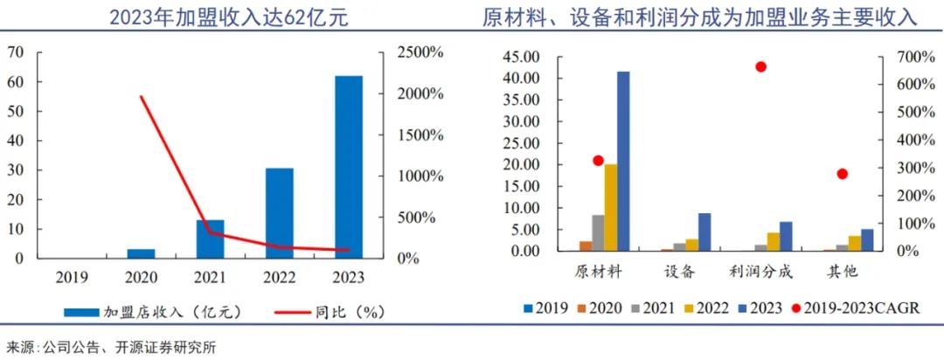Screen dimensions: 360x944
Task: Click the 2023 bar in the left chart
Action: pos(348,167)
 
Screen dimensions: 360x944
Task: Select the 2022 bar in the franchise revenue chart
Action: pos(279,213)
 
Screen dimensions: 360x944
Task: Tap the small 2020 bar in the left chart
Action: pos(141,253)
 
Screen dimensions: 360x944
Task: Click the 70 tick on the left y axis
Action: pos(15,52)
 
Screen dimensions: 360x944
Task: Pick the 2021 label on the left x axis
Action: pos(210,277)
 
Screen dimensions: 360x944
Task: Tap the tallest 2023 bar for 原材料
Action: pos(622,161)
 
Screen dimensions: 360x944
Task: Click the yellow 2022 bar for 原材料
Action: pos(610,207)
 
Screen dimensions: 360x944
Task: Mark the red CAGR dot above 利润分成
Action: pos(760,66)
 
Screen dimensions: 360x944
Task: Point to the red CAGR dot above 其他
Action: pos(842,174)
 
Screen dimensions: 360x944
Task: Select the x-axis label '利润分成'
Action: pos(760,271)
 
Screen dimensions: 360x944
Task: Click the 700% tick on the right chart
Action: pos(901,58)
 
